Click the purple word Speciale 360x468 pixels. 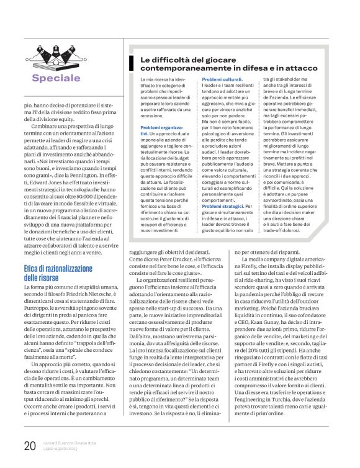coord(56,78)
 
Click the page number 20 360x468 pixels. coord(29,445)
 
